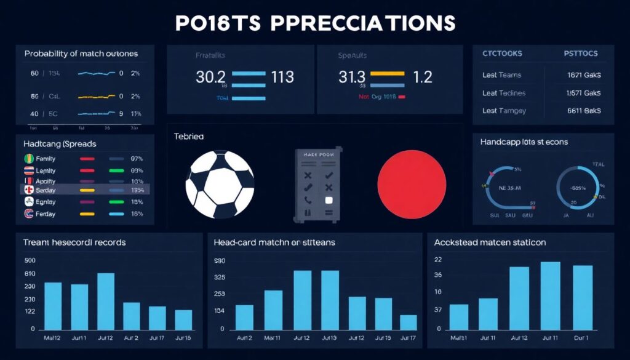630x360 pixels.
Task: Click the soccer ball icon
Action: tap(220, 183)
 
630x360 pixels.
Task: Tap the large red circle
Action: tap(411, 183)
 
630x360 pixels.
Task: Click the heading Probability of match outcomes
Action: tap(81, 54)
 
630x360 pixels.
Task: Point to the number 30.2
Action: tap(210, 77)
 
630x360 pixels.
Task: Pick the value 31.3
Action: tap(352, 77)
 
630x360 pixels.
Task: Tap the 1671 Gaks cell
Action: tap(584, 75)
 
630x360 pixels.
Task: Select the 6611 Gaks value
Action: tap(584, 111)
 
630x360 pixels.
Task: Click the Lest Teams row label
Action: tap(501, 75)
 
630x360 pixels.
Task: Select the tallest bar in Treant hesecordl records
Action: tap(106, 301)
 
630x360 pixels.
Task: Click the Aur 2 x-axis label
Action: tap(131, 338)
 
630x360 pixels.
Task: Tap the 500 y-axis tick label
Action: tap(30, 260)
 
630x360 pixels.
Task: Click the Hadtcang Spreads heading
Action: tap(60, 143)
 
